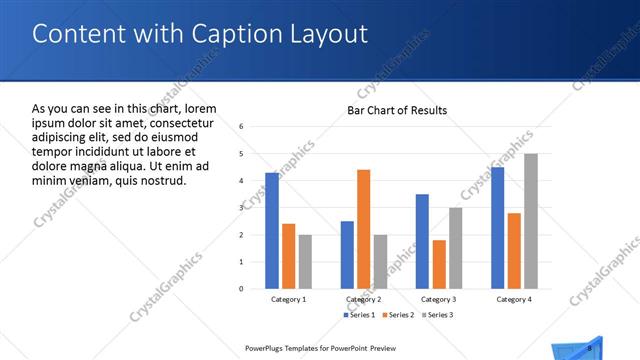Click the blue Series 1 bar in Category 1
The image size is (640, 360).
[x=272, y=231]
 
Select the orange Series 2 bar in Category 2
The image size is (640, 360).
[x=363, y=229]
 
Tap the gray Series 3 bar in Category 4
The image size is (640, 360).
[x=530, y=221]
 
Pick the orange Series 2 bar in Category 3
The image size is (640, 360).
[x=439, y=264]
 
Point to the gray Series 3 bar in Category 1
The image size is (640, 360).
[x=305, y=262]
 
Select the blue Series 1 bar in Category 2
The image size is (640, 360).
[x=347, y=255]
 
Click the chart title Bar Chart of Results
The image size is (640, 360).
[x=397, y=110]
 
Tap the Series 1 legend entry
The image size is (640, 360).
[x=363, y=315]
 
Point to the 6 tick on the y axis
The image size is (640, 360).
[x=242, y=127]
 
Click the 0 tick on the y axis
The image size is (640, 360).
[x=242, y=289]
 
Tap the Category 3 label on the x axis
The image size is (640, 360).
[x=439, y=299]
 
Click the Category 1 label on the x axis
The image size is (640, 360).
[x=289, y=299]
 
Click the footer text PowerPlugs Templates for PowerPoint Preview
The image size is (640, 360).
[x=314, y=348]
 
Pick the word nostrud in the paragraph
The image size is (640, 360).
[x=161, y=181]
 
